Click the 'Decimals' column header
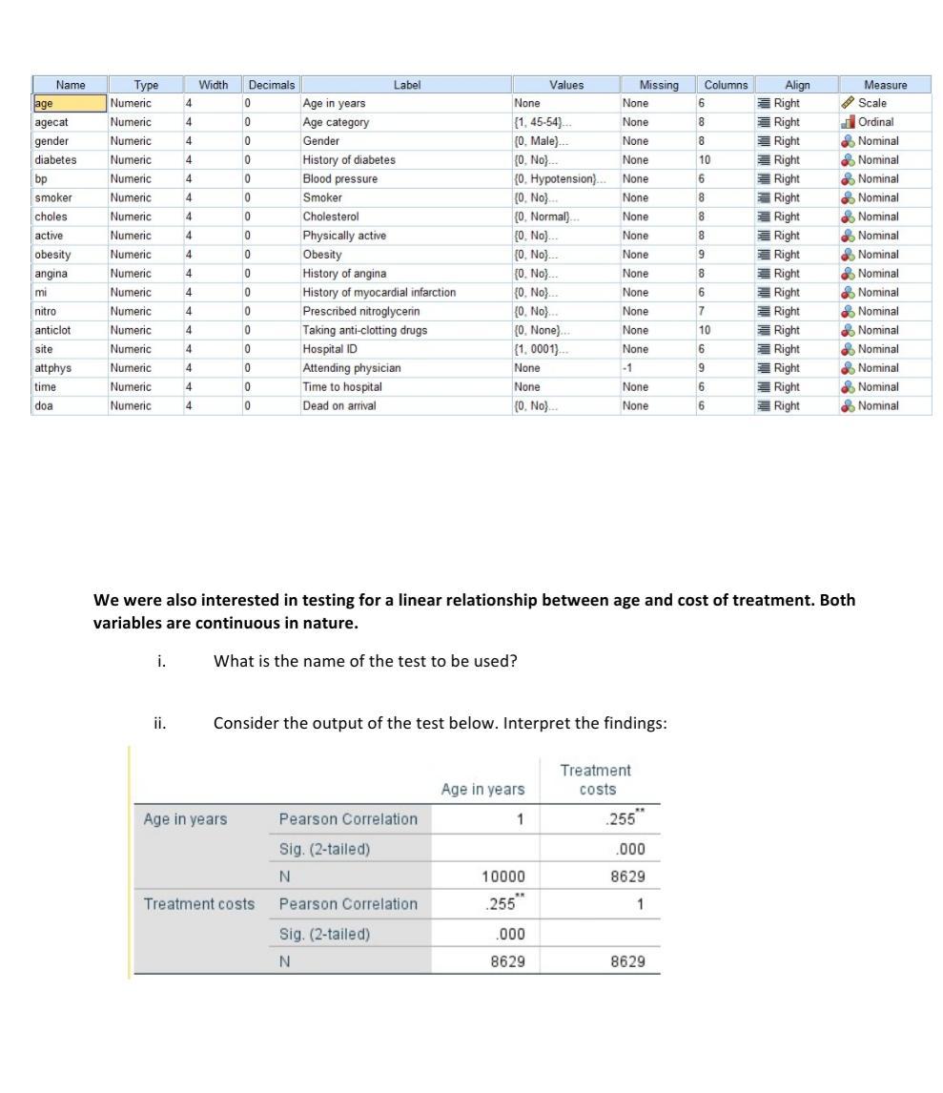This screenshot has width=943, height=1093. [x=273, y=85]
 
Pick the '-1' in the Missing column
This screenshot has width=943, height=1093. [x=628, y=367]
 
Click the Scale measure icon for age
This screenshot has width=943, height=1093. [x=847, y=103]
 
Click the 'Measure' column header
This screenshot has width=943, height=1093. [x=885, y=85]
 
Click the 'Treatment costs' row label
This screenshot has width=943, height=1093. [x=199, y=903]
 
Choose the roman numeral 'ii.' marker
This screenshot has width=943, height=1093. [x=160, y=723]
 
